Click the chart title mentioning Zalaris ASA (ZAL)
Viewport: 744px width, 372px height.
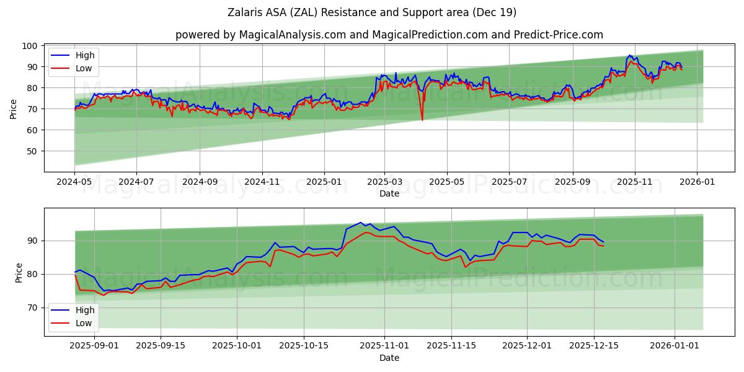click(371, 12)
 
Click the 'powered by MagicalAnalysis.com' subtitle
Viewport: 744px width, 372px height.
click(389, 35)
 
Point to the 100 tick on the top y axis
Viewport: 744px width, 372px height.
click(31, 46)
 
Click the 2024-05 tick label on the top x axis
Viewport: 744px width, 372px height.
click(75, 182)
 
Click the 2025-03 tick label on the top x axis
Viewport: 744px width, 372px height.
click(384, 182)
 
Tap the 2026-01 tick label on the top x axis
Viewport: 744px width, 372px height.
click(697, 182)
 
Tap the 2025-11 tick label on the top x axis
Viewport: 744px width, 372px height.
click(635, 182)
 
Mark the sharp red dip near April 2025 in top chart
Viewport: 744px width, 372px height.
click(422, 119)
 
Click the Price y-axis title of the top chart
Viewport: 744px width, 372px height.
click(14, 108)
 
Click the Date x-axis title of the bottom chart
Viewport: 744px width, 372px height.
click(389, 358)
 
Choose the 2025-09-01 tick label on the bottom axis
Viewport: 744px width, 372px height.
click(94, 345)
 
